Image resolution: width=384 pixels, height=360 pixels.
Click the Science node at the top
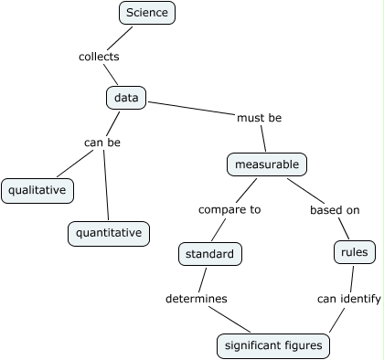pyautogui.click(x=147, y=13)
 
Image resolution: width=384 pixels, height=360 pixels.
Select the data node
pyautogui.click(x=127, y=97)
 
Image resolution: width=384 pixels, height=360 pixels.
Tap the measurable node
pyautogui.click(x=266, y=164)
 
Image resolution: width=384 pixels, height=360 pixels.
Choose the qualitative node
pyautogui.click(x=37, y=190)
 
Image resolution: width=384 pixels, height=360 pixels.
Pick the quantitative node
pyautogui.click(x=108, y=233)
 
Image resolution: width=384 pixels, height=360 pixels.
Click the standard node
pyautogui.click(x=209, y=254)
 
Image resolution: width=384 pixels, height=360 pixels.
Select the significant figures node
pyautogui.click(x=272, y=346)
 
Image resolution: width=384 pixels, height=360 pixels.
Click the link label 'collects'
pyautogui.click(x=99, y=57)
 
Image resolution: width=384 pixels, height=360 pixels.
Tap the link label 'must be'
pyautogui.click(x=260, y=119)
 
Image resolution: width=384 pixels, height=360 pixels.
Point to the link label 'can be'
pyautogui.click(x=102, y=143)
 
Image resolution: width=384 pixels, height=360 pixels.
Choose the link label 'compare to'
pyautogui.click(x=229, y=209)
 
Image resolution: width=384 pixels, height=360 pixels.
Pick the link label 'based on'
pyautogui.click(x=335, y=210)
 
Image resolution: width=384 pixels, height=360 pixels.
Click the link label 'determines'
pyautogui.click(x=197, y=299)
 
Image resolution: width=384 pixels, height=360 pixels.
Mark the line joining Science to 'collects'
pyautogui.click(x=122, y=37)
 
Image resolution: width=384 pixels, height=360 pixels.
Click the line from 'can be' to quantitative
pyautogui.click(x=105, y=187)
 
